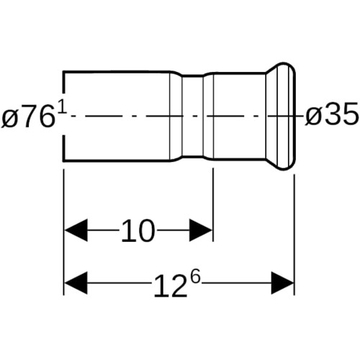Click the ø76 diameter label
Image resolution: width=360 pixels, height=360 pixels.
click(27, 117)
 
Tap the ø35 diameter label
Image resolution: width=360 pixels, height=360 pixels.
click(332, 114)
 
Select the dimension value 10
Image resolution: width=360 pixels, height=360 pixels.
click(138, 230)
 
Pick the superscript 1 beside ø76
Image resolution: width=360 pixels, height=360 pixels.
click(63, 108)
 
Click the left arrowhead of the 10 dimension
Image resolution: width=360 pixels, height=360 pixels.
click(76, 230)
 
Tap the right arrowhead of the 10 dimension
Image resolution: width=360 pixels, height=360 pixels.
click(201, 230)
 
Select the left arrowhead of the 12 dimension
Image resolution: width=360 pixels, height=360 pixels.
click(76, 283)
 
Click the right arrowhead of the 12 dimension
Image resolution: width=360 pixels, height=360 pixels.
click(282, 283)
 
